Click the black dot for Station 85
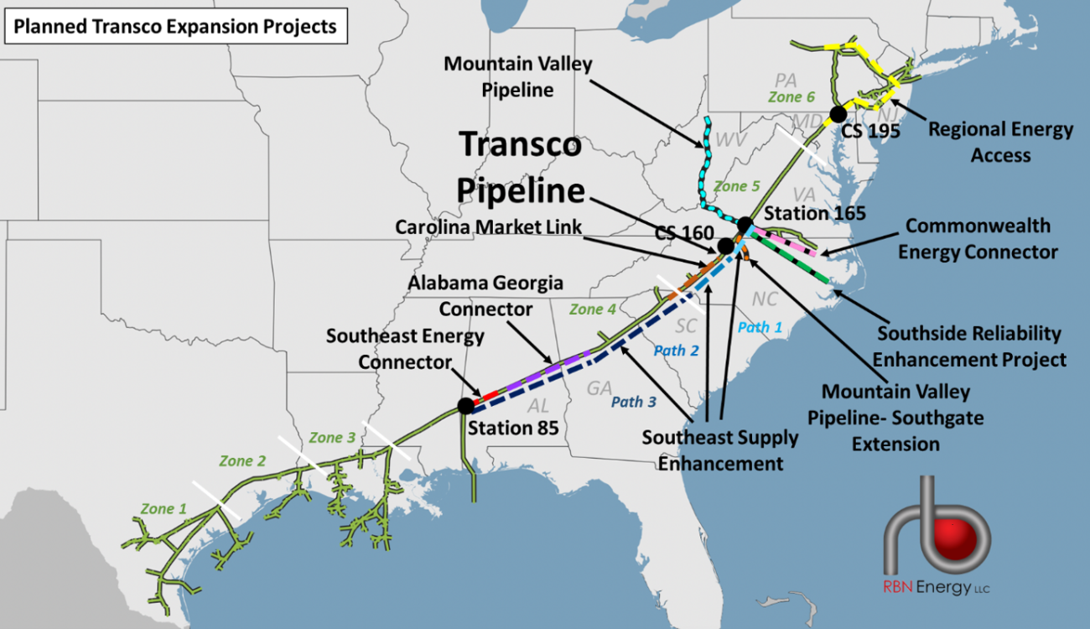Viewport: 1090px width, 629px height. point(466,406)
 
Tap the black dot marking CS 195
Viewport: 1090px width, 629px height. point(837,114)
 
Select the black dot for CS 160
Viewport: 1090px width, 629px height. point(725,246)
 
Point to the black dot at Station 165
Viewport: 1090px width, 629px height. point(745,224)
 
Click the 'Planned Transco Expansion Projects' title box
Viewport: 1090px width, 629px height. point(174,27)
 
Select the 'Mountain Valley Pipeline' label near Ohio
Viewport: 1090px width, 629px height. point(517,76)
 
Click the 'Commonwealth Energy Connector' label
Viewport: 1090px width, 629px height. point(978,238)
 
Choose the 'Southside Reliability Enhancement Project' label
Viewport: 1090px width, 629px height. point(968,346)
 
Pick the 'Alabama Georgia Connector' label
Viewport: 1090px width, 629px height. point(485,296)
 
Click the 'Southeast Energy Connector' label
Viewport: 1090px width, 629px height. point(405,348)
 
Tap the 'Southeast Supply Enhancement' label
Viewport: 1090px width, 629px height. point(720,450)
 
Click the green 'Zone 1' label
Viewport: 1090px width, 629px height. point(163,509)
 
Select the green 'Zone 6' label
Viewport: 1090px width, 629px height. point(791,97)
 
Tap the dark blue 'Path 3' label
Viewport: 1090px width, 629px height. point(633,402)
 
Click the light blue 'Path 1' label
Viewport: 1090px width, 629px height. point(760,327)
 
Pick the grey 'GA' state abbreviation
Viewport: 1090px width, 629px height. point(599,388)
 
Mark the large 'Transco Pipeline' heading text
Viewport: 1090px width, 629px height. point(520,168)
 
